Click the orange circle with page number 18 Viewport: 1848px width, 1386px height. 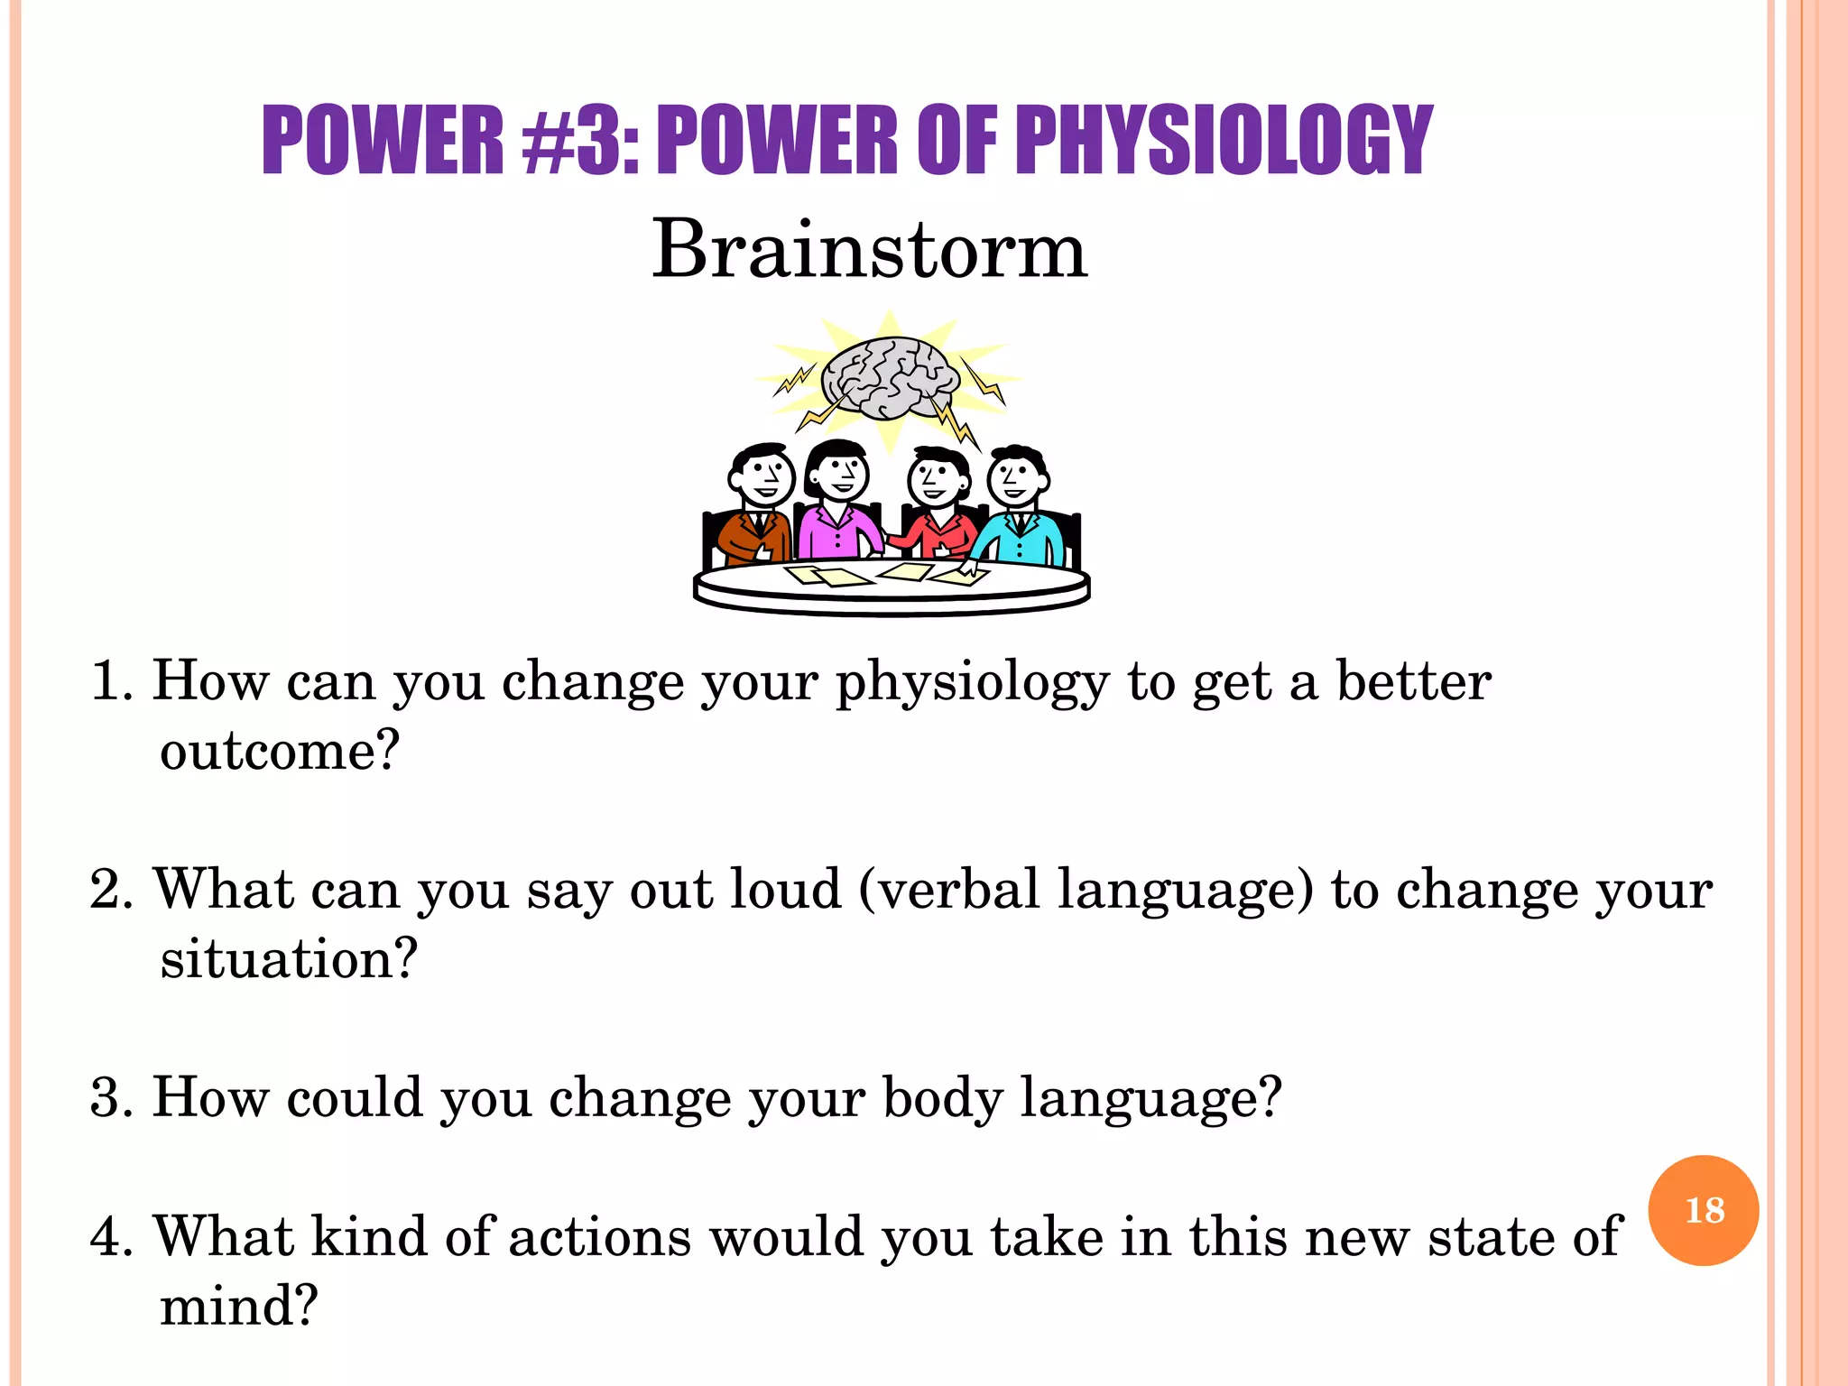coord(1703,1210)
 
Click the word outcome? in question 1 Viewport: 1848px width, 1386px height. coord(279,751)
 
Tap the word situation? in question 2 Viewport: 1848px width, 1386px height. coord(289,959)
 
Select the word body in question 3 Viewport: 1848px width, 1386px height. coord(942,1098)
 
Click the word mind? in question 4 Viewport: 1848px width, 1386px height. coord(239,1306)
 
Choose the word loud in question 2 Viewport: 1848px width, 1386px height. coord(785,890)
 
